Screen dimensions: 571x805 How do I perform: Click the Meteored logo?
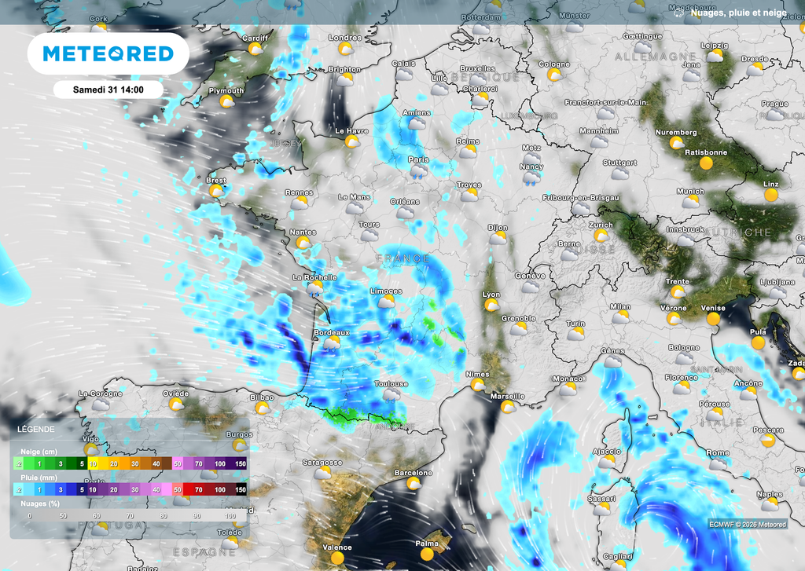tap(108, 53)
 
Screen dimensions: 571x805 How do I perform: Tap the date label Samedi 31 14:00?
tap(108, 90)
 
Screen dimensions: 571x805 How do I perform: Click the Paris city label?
tap(418, 159)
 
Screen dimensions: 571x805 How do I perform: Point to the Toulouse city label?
tap(391, 384)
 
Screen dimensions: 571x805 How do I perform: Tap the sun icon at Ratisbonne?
tap(706, 163)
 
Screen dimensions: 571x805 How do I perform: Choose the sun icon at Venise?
tap(714, 319)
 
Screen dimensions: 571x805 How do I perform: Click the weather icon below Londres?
tap(345, 49)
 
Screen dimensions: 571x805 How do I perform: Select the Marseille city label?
tap(507, 397)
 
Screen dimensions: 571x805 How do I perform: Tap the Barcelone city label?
tap(414, 473)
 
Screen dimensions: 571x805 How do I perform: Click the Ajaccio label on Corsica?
tap(606, 452)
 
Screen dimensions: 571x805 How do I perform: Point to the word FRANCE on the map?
tap(403, 258)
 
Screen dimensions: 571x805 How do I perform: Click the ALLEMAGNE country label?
tap(655, 57)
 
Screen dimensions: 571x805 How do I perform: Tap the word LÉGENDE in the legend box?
tap(36, 430)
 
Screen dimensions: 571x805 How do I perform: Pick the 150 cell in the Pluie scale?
tap(241, 489)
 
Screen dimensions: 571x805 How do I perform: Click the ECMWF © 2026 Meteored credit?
tap(747, 525)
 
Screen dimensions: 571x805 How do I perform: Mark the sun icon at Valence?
tap(337, 558)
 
